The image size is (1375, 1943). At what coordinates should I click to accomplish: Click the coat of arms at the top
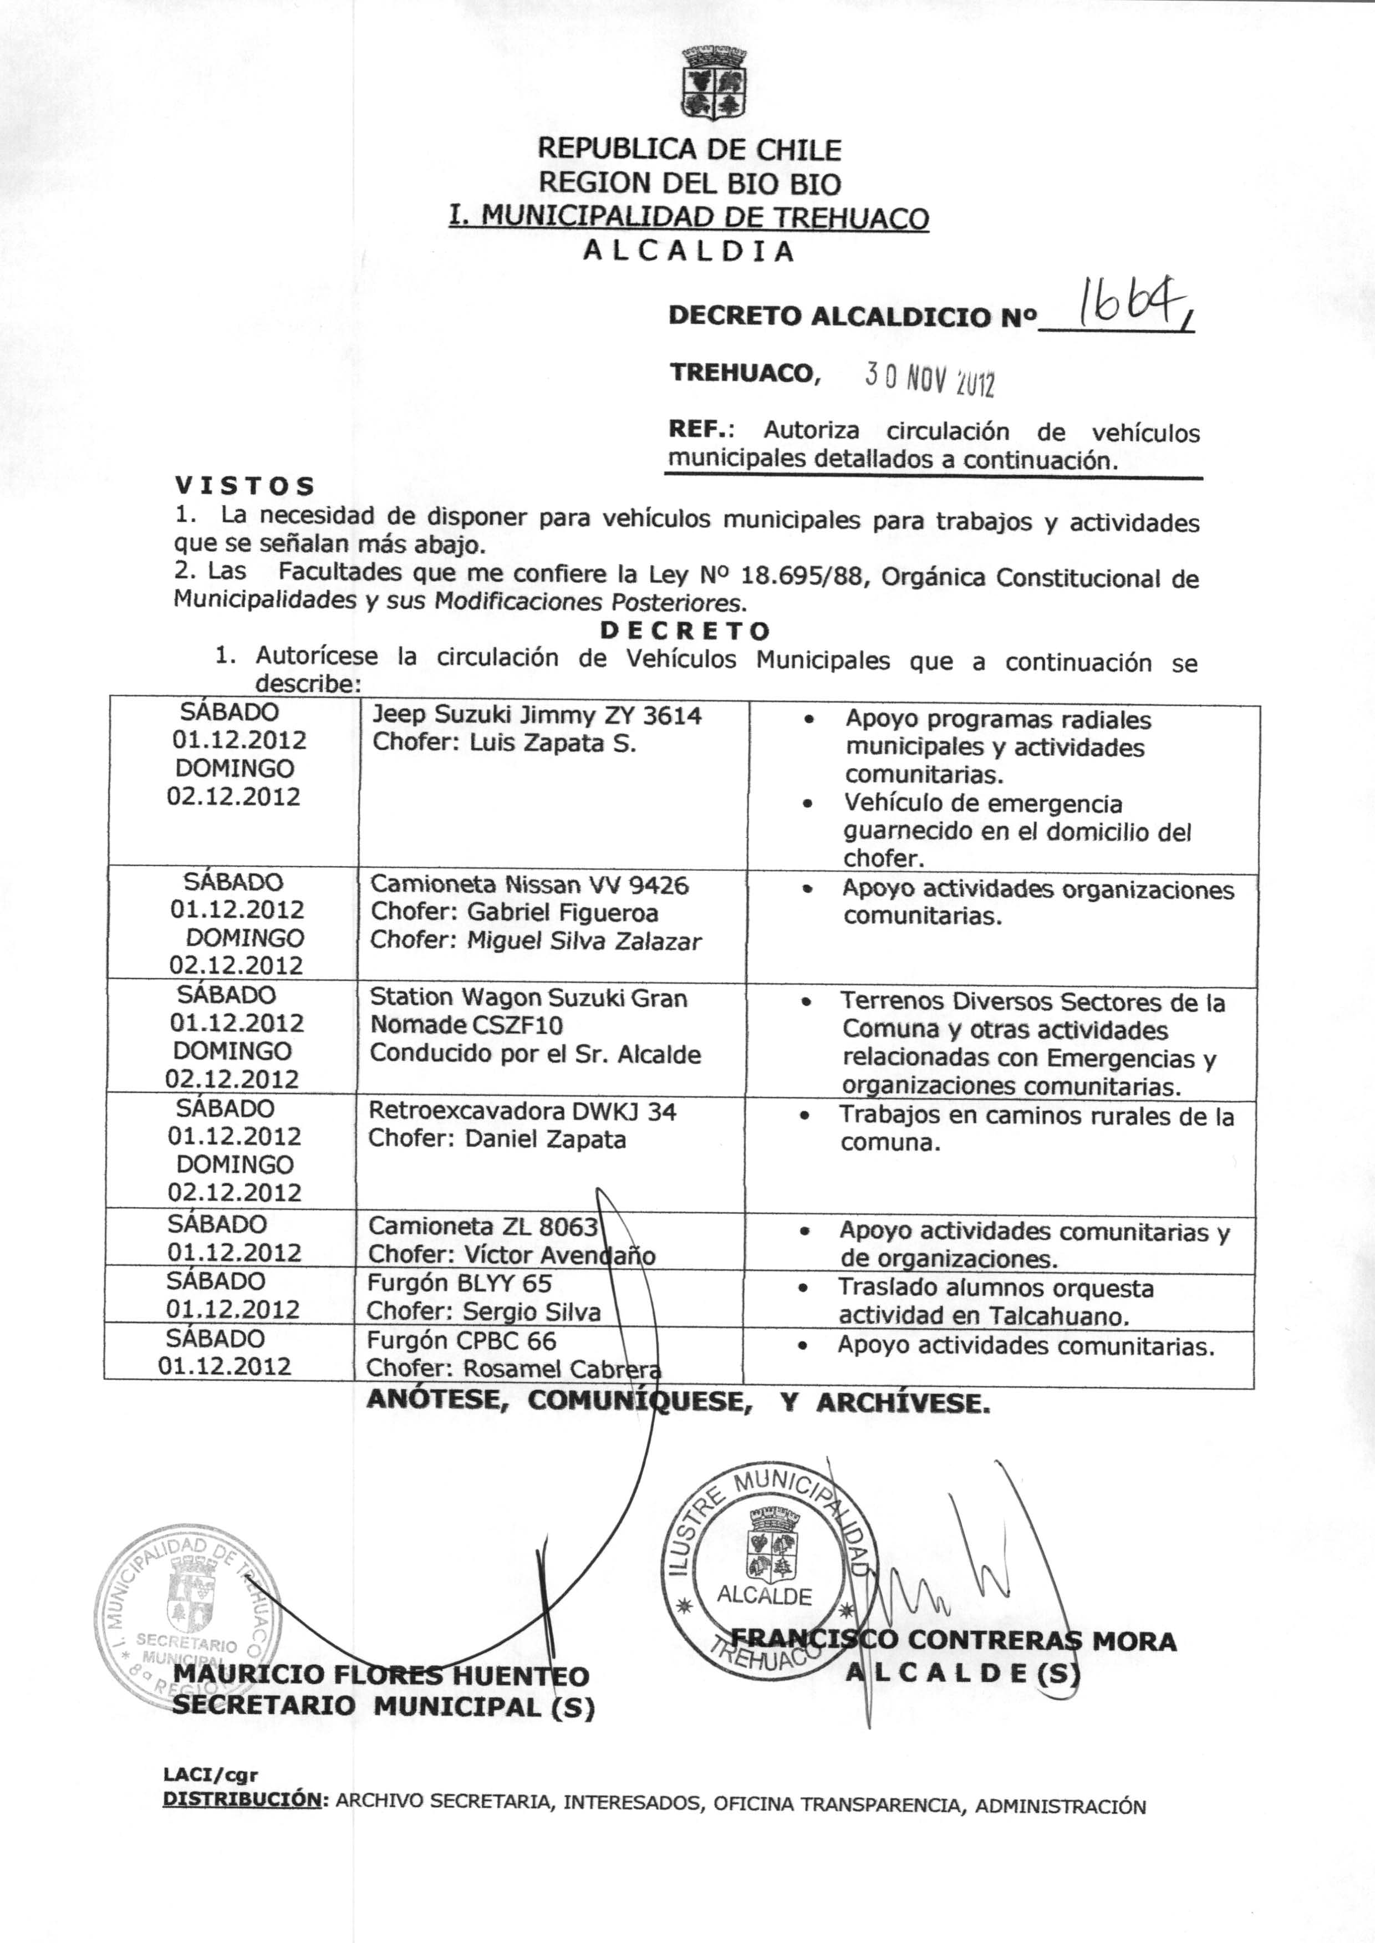click(715, 83)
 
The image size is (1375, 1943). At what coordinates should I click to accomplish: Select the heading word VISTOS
click(245, 486)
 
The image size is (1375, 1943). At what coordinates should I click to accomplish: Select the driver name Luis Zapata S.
click(553, 744)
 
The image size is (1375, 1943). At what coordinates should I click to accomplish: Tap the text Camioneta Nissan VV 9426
click(529, 885)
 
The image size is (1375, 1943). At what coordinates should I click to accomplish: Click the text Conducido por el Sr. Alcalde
click(535, 1054)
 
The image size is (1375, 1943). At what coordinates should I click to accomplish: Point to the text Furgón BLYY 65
click(459, 1284)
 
